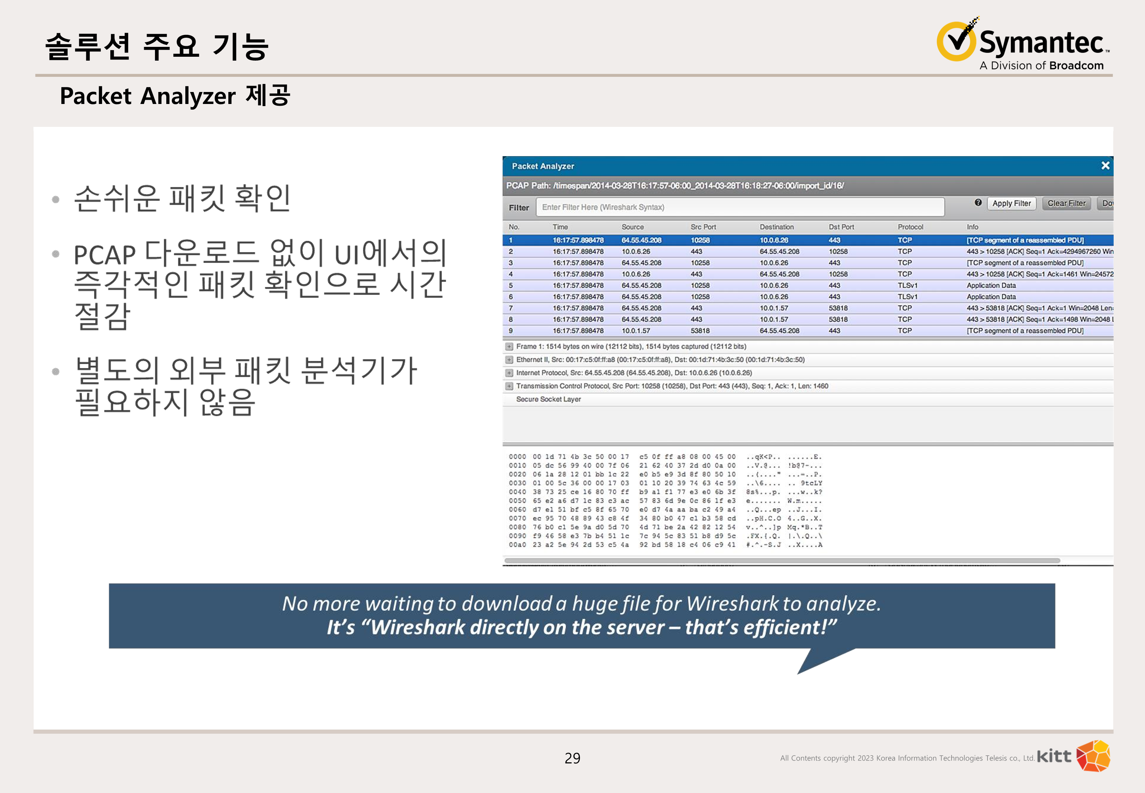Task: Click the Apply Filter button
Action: (x=1011, y=204)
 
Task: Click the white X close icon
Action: (x=1105, y=165)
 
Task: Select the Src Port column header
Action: (x=703, y=227)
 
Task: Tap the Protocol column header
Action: (x=910, y=227)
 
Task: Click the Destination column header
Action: (x=776, y=227)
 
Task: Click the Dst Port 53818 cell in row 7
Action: (x=838, y=308)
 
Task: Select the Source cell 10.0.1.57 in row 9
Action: (x=636, y=331)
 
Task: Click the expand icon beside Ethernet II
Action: (x=509, y=360)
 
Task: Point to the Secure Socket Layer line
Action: (x=548, y=399)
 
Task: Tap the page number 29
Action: (x=572, y=758)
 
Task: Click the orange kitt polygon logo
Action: (x=1093, y=756)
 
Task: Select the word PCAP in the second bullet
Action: (x=105, y=255)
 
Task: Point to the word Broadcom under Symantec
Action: (x=1077, y=66)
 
